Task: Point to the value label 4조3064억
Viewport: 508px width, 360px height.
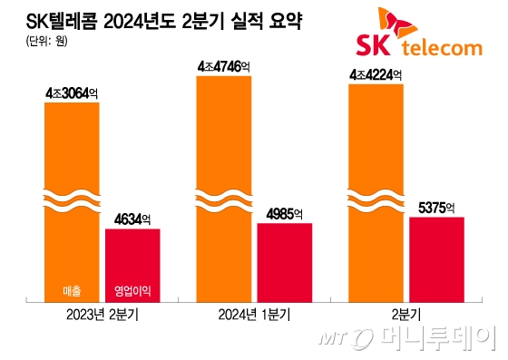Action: (x=72, y=93)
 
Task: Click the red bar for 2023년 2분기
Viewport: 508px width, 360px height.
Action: (x=132, y=263)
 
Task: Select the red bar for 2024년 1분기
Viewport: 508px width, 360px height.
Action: (x=284, y=261)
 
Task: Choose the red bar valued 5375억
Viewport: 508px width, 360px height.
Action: (x=436, y=258)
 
